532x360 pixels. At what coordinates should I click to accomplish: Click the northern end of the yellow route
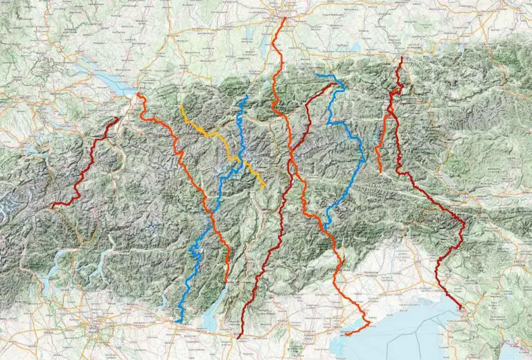click(181, 105)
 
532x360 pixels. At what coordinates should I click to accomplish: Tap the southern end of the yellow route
click(264, 187)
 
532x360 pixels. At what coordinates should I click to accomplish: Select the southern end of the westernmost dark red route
click(52, 206)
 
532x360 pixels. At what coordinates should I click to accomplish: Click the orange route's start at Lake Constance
click(139, 93)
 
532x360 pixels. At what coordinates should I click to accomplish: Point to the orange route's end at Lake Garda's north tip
click(227, 282)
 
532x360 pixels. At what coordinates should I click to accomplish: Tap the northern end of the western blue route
click(246, 96)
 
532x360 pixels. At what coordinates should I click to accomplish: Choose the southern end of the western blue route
click(178, 322)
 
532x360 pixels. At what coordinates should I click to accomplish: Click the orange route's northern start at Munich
click(284, 19)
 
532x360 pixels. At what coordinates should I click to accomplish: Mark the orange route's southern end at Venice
click(346, 335)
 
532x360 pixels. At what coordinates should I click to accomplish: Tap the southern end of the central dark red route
click(238, 338)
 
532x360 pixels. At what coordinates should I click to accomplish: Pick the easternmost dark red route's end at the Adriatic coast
click(461, 309)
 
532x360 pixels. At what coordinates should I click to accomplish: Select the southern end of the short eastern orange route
click(380, 172)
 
